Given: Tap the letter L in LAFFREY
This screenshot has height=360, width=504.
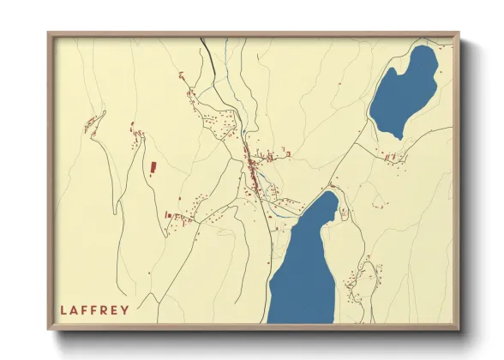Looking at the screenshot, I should pos(63,310).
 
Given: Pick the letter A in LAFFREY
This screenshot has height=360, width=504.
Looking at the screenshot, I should pos(73,310).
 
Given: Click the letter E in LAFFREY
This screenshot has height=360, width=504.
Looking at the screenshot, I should pos(113,310).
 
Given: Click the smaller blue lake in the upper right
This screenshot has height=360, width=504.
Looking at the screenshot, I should pos(403,90).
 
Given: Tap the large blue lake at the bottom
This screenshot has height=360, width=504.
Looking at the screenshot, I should pos(304,274).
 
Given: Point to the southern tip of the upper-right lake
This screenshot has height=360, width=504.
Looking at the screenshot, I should pos(399,137).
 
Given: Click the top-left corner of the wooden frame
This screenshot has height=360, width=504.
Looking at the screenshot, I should pos(49,33).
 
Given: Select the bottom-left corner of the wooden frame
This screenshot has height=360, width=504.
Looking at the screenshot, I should pos(49,329).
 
